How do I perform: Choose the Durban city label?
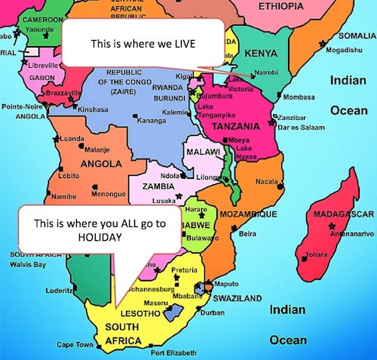pyautogui.click(x=213, y=312)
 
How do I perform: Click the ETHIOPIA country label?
pyautogui.click(x=292, y=6)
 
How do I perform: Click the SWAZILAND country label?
pyautogui.click(x=241, y=298)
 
